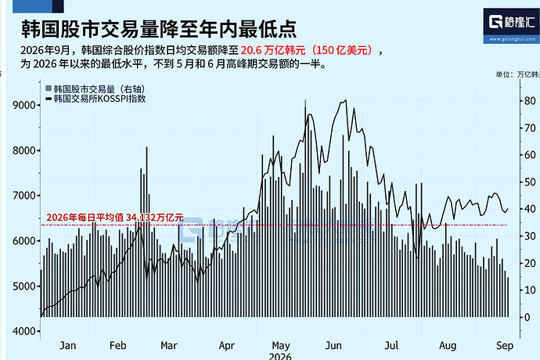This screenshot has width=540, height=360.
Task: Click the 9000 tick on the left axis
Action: (x=24, y=105)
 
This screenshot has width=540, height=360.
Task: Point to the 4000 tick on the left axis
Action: (x=24, y=331)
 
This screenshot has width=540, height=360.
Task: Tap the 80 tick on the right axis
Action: (x=529, y=101)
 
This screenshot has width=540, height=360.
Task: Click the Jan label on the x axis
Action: (x=67, y=346)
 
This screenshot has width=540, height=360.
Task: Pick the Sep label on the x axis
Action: (x=505, y=346)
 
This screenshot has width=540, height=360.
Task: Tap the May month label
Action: (x=281, y=346)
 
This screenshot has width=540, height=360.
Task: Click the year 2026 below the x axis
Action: (x=280, y=356)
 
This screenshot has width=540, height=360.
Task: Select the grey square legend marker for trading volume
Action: (x=49, y=88)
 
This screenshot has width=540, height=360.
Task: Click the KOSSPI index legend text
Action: (x=100, y=99)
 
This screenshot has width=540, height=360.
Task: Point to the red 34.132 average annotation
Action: (x=115, y=218)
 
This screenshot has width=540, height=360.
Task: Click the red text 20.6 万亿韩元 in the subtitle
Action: (x=273, y=50)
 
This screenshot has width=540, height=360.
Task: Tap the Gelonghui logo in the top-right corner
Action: (x=511, y=26)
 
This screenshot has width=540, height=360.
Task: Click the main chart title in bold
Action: (x=159, y=29)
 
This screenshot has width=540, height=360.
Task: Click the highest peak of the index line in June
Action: (x=346, y=100)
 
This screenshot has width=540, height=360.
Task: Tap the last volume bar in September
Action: (x=508, y=297)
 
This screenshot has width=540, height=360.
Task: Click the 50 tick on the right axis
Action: (x=529, y=182)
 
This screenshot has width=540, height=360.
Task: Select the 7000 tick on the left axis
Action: (x=24, y=196)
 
